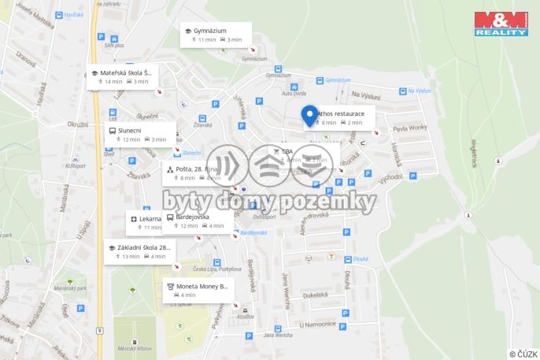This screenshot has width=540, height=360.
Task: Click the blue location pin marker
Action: (x=310, y=115)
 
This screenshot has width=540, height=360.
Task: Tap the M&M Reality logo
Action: (x=501, y=23)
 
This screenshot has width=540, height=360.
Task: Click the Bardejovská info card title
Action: (x=192, y=216)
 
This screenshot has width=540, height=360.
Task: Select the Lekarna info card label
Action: (x=150, y=218)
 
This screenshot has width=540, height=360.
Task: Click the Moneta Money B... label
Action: (x=202, y=286)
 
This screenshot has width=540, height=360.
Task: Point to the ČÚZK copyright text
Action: (x=523, y=354)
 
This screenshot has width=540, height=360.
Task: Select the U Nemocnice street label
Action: (x=317, y=325)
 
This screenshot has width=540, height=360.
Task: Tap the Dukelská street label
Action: (x=314, y=295)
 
